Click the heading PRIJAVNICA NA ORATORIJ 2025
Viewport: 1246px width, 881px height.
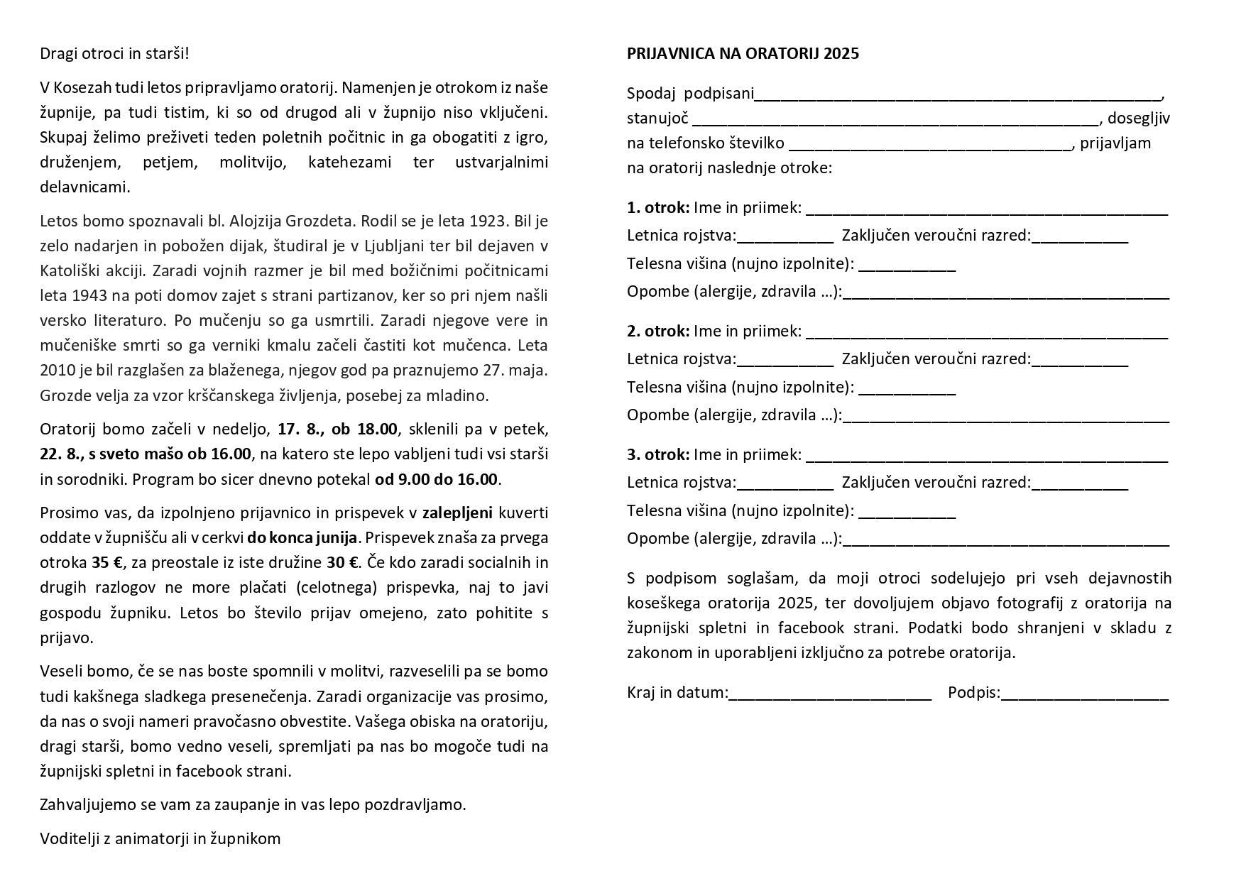tap(743, 54)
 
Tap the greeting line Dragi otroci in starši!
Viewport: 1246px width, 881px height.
tap(114, 54)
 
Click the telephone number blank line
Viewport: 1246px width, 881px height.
tap(930, 144)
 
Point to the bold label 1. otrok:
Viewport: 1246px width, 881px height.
tap(658, 208)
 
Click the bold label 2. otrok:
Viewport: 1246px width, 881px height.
tap(658, 331)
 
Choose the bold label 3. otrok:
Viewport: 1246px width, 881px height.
tap(658, 454)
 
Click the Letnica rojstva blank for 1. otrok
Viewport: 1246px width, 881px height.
tap(785, 236)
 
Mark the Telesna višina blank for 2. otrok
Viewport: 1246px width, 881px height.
tap(907, 388)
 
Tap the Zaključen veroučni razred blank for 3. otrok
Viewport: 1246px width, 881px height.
tap(1079, 483)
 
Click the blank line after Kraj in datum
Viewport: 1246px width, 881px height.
tap(830, 694)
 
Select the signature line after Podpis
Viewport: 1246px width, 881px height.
tap(1084, 694)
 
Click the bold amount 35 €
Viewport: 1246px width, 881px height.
tap(107, 563)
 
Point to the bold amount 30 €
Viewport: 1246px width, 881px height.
tap(342, 563)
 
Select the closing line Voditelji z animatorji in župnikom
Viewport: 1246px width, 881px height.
tap(160, 838)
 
